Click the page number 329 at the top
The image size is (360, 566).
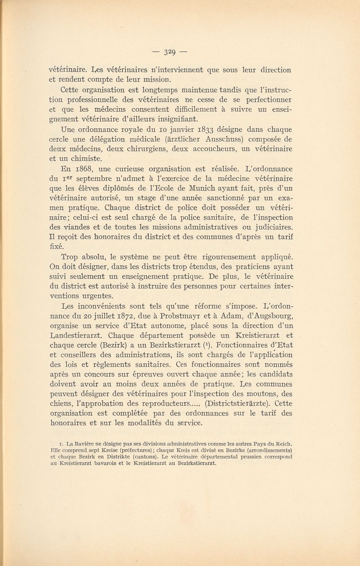[x=179, y=50]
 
